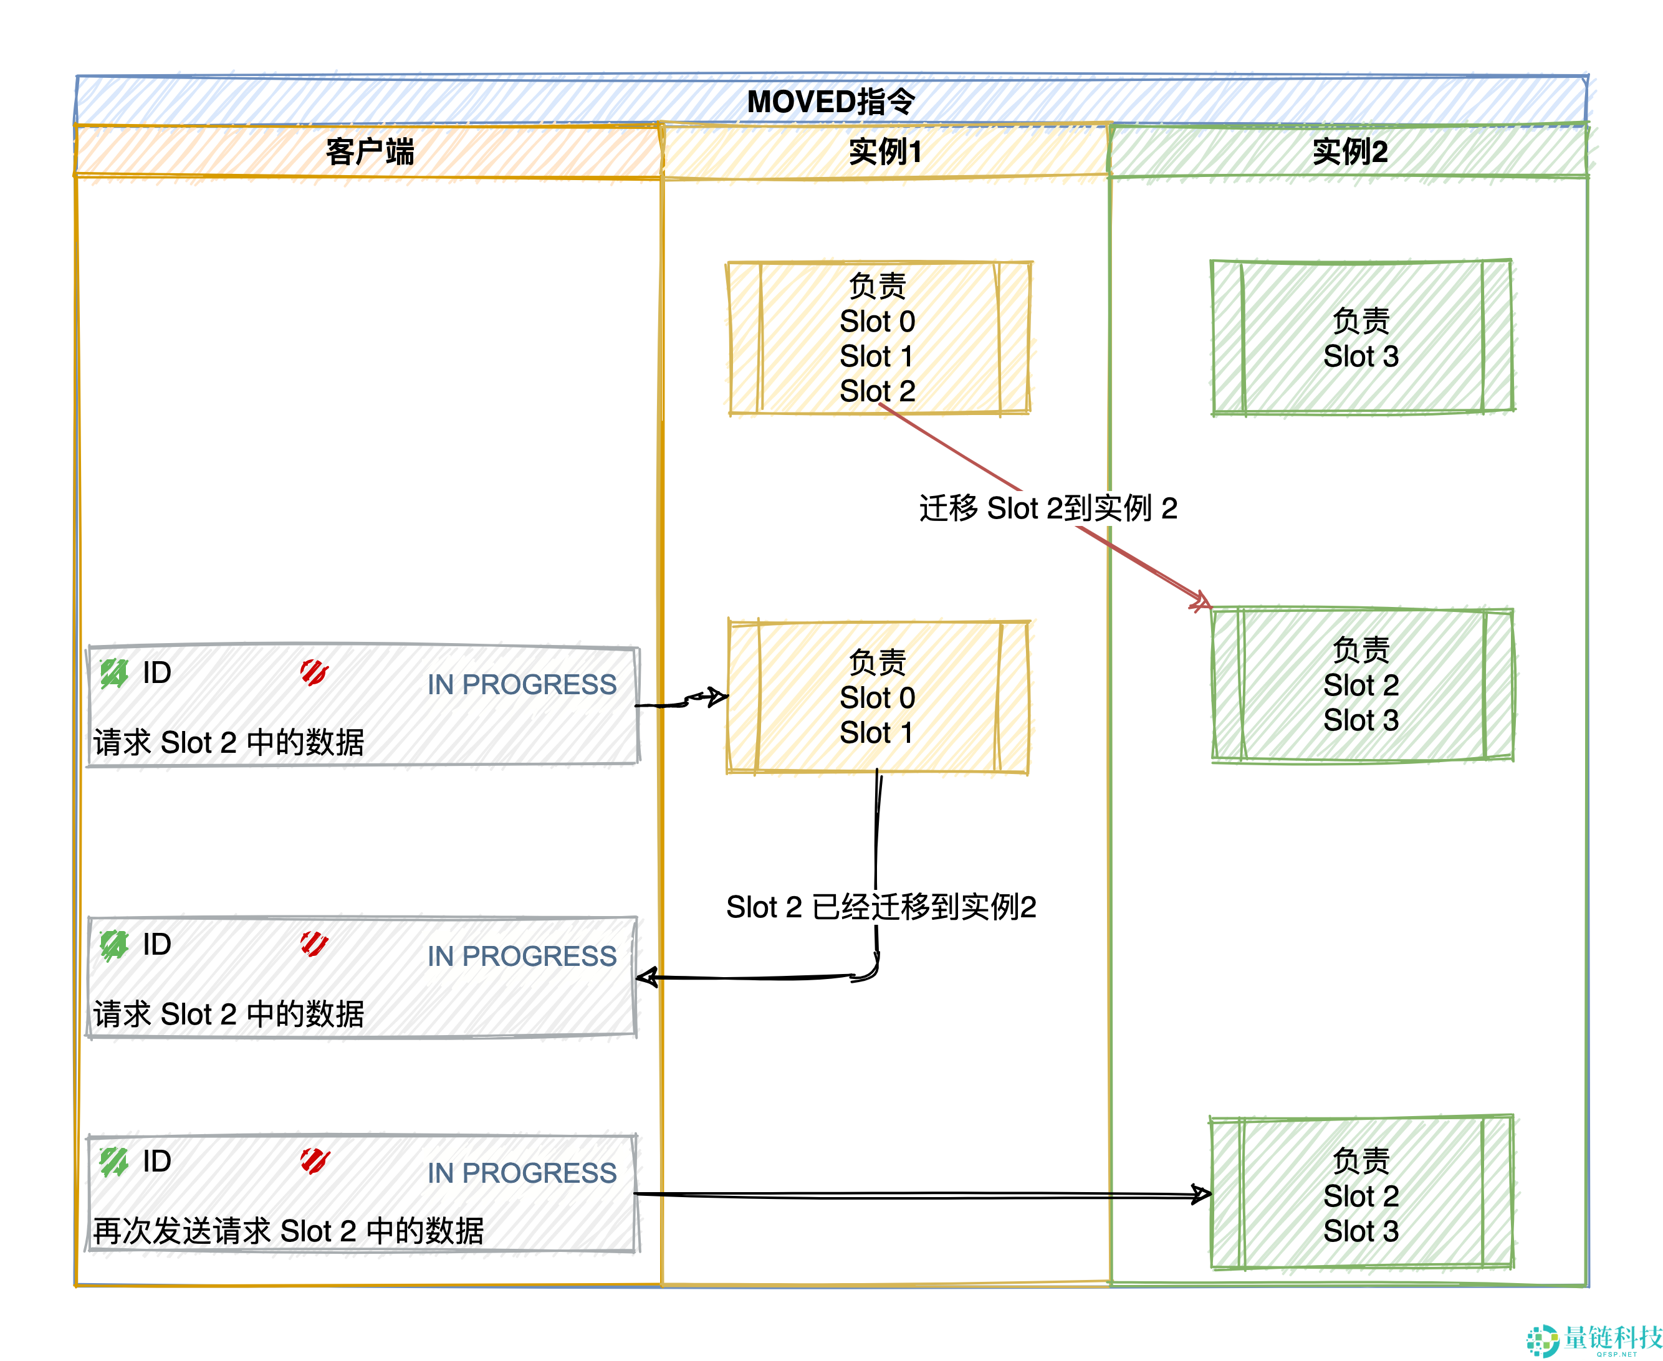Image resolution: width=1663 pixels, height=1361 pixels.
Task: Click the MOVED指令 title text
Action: coord(830,101)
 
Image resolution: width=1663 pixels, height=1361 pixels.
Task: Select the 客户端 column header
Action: coord(369,151)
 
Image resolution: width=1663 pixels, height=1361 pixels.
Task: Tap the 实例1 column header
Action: coord(884,151)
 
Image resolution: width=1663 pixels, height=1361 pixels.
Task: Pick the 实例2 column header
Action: coord(1349,151)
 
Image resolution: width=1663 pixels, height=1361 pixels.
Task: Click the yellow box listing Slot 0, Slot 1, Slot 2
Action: coord(878,338)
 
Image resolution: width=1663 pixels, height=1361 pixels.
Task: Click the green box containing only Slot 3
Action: coord(1361,338)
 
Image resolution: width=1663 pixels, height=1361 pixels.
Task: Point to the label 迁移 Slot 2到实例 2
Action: coord(1048,508)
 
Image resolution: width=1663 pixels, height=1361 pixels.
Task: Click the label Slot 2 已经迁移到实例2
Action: coord(881,907)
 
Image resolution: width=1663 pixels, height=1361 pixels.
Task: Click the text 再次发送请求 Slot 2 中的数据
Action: coord(288,1230)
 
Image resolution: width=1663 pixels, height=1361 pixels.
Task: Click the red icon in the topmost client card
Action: coord(314,672)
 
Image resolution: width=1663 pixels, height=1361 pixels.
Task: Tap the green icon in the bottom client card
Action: coord(113,1161)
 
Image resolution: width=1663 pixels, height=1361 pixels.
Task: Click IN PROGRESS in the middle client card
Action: coord(522,956)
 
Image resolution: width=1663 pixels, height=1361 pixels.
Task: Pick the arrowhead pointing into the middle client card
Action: coord(646,977)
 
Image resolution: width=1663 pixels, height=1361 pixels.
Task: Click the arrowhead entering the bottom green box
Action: coord(1202,1194)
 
